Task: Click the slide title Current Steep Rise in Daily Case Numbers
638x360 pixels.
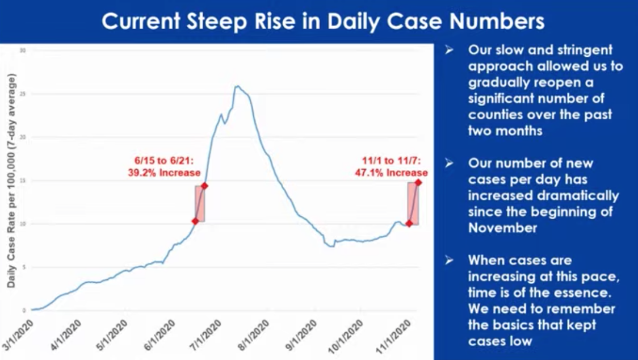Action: pyautogui.click(x=324, y=22)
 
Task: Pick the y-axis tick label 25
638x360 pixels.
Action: pyautogui.click(x=23, y=94)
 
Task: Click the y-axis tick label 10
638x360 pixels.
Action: pyautogui.click(x=23, y=224)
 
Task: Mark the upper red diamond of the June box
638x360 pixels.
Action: pyautogui.click(x=204, y=186)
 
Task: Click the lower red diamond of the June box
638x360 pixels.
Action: pyautogui.click(x=195, y=221)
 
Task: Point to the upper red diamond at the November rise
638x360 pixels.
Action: pyautogui.click(x=418, y=182)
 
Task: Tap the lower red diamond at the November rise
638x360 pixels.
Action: pyautogui.click(x=409, y=223)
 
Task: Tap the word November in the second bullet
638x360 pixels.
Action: pyautogui.click(x=502, y=228)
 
